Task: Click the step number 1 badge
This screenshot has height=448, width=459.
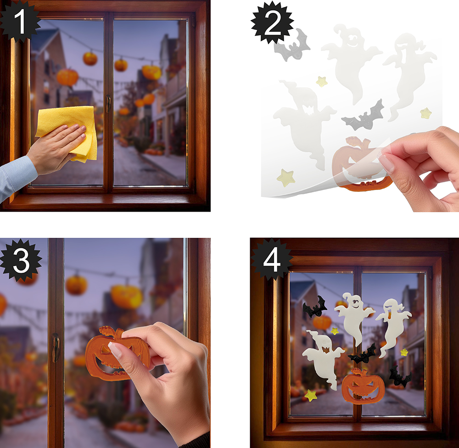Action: tap(19, 21)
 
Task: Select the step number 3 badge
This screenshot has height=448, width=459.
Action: tap(21, 260)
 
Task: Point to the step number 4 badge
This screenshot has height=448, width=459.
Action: tap(272, 260)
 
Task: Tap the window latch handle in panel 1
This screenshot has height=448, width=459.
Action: tap(108, 103)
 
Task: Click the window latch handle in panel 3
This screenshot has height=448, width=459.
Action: tap(56, 347)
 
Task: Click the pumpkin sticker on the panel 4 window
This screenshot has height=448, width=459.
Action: tap(363, 386)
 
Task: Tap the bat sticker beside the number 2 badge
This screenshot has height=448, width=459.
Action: tap(292, 45)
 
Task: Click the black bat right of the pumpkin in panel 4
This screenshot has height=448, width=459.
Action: tap(400, 376)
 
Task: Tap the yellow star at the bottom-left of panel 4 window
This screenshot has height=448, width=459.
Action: tap(311, 395)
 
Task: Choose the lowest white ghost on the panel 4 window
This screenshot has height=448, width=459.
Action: tap(324, 358)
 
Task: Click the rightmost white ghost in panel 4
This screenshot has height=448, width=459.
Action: tap(392, 325)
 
